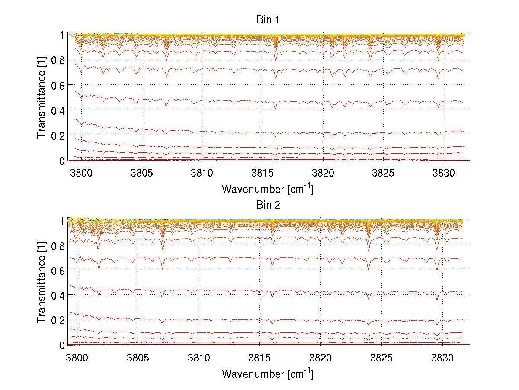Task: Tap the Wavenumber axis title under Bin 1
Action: pos(267,189)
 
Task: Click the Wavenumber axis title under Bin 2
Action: pos(267,374)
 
